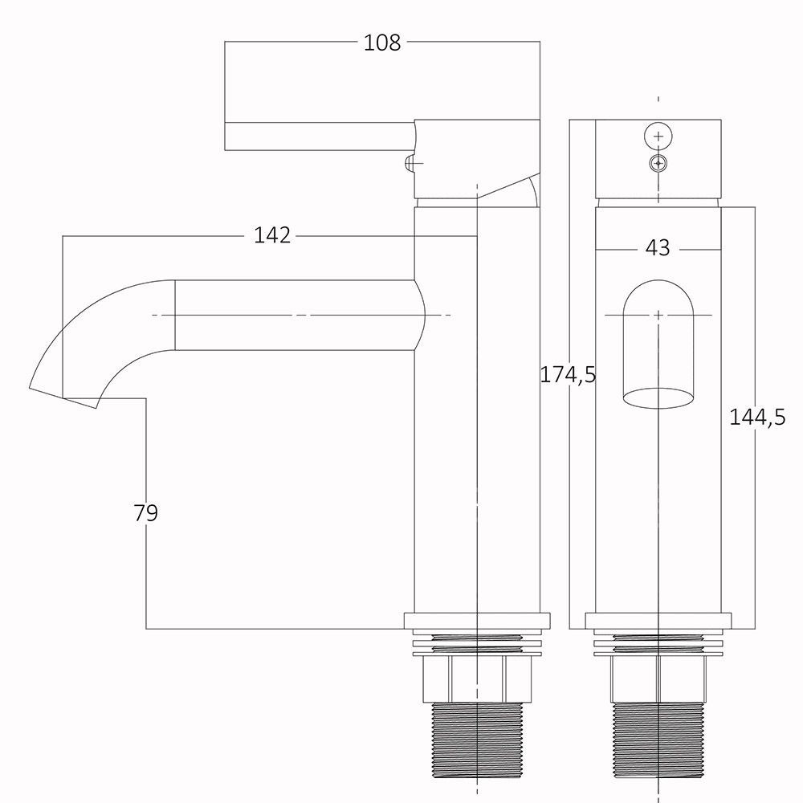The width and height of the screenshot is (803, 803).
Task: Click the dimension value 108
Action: [x=382, y=43]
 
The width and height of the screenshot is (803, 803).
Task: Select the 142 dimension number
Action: [x=272, y=235]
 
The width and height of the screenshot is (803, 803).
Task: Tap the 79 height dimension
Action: [x=146, y=512]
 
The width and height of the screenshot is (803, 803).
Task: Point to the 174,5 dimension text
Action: [x=569, y=375]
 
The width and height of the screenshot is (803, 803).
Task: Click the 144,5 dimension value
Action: [x=757, y=418]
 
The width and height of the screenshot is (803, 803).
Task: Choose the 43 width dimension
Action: [x=658, y=248]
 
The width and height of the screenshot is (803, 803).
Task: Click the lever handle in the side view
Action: [x=320, y=137]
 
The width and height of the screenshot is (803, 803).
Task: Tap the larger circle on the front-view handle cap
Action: [x=658, y=137]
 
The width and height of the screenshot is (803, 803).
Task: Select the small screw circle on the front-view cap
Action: [x=658, y=164]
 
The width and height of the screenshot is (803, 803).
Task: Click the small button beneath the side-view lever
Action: [x=410, y=163]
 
